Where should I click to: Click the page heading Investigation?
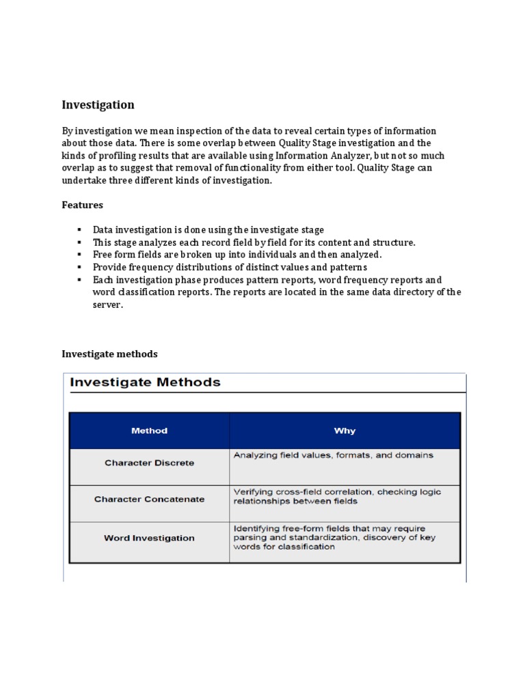point(98,105)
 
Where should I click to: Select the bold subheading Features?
point(82,205)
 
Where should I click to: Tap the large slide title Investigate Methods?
point(146,382)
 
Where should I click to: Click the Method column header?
point(149,431)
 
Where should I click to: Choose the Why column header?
point(345,431)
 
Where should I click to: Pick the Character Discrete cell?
point(149,463)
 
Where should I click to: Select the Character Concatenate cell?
point(149,499)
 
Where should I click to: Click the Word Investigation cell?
point(149,538)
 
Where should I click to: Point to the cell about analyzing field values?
point(333,455)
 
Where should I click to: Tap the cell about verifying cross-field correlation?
point(337,496)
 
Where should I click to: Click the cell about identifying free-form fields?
point(334,537)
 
